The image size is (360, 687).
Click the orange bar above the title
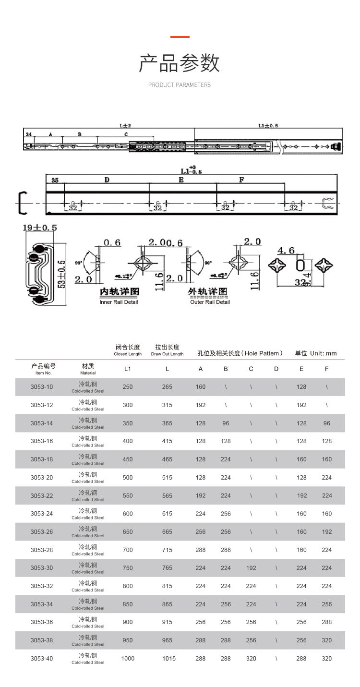[180, 36]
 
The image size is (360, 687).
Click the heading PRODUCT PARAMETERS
[180, 85]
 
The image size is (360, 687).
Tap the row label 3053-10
[42, 387]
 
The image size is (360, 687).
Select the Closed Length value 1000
[128, 658]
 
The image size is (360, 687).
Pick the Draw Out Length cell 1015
[169, 658]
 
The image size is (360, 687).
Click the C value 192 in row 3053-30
[251, 568]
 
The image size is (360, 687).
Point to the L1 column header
[128, 369]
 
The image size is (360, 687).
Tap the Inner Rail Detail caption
[119, 302]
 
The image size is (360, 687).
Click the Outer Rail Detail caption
[210, 302]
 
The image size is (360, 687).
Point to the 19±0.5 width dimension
[39, 228]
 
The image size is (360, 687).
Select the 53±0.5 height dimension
[61, 274]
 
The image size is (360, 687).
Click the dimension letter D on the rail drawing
[107, 180]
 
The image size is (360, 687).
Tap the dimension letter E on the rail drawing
[181, 180]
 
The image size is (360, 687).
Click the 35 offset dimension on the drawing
[55, 181]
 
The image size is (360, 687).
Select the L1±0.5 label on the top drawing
[268, 126]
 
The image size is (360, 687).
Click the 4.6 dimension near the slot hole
[286, 250]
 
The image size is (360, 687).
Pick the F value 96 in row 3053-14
[327, 423]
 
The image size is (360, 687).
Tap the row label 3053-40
[42, 658]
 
